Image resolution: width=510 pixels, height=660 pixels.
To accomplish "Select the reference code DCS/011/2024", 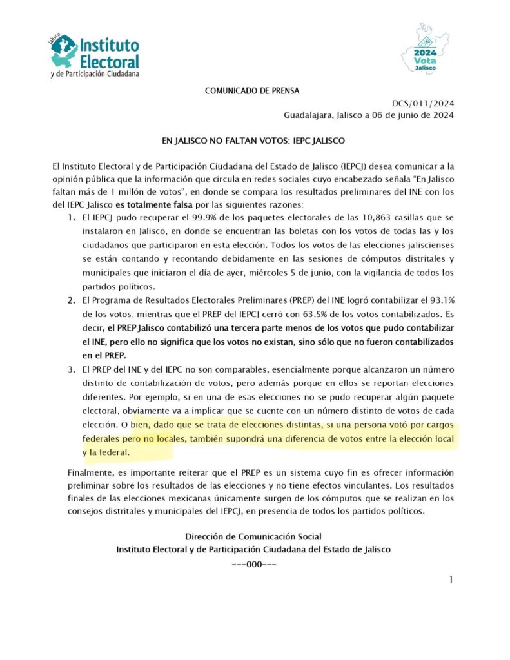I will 422,103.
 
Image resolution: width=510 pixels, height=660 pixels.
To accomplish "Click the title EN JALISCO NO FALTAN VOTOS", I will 253,140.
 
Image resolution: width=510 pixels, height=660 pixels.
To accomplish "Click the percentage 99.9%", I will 207,219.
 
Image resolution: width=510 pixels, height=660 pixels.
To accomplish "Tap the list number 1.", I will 72,219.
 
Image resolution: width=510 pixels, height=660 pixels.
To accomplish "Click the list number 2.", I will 72,300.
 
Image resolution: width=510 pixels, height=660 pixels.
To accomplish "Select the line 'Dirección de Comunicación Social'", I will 253,536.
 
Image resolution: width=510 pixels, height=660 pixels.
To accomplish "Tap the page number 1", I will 451,579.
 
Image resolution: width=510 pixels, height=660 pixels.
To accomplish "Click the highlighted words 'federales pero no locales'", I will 137,438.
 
